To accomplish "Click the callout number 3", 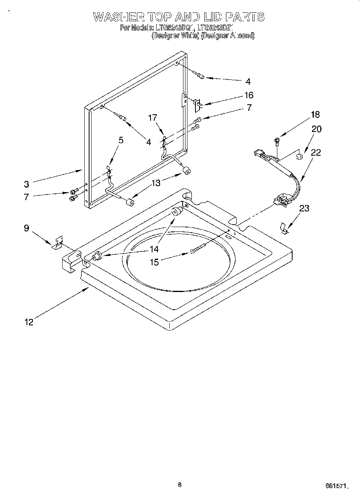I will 26,184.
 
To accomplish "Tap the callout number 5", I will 121,140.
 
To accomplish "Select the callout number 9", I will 26,228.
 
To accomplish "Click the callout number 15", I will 154,262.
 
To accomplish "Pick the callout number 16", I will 249,95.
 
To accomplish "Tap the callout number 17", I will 152,118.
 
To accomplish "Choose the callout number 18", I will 315,115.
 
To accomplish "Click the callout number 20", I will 317,129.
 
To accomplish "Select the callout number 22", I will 315,152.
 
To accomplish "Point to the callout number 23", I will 305,208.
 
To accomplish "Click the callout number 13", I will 156,183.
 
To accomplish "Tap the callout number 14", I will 154,249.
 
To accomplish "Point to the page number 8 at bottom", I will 179,485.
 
